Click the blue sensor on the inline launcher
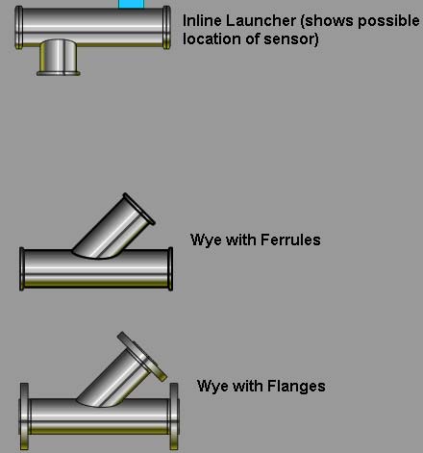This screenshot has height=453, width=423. pyautogui.click(x=131, y=4)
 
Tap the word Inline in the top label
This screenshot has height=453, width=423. pyautogui.click(x=202, y=21)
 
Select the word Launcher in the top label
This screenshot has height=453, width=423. pyautogui.click(x=261, y=21)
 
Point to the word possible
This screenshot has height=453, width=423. pyautogui.click(x=388, y=21)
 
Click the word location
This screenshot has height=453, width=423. pyautogui.click(x=211, y=38)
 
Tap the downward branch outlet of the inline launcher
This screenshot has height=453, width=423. pyautogui.click(x=59, y=58)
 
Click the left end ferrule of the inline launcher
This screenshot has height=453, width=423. pyautogui.click(x=19, y=28)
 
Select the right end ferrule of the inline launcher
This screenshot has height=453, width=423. pyautogui.click(x=166, y=28)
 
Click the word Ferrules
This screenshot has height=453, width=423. pyautogui.click(x=290, y=239)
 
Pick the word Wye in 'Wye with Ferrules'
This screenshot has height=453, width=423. pyautogui.click(x=207, y=240)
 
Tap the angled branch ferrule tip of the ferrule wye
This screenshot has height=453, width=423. pyautogui.click(x=139, y=209)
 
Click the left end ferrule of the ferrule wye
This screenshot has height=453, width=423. pyautogui.click(x=22, y=269)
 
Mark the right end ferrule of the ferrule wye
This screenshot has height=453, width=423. pyautogui.click(x=170, y=269)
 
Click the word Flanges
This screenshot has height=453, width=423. pyautogui.click(x=296, y=386)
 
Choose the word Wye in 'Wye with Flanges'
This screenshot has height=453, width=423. pyautogui.click(x=212, y=387)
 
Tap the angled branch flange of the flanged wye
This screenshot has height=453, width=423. pyautogui.click(x=142, y=357)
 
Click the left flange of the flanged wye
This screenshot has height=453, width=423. pyautogui.click(x=24, y=416)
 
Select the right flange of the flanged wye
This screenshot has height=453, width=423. pyautogui.click(x=174, y=416)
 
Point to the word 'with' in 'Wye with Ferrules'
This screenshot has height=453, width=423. pyautogui.click(x=241, y=239)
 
